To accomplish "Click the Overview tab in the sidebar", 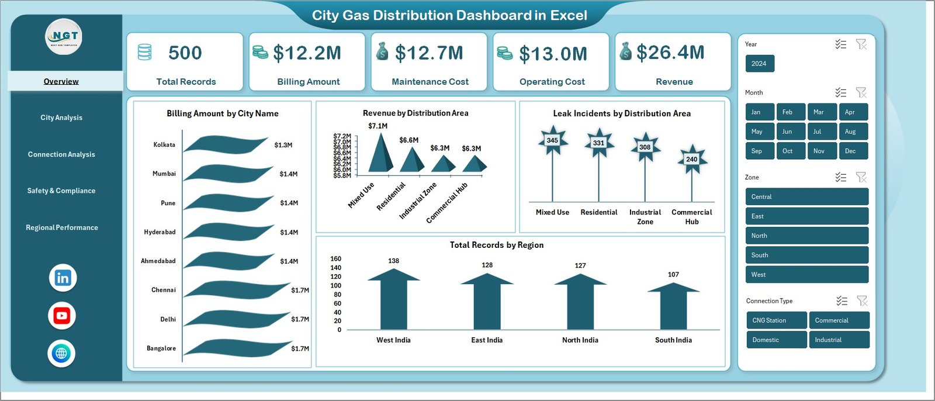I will (x=61, y=81).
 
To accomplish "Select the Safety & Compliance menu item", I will (x=61, y=191).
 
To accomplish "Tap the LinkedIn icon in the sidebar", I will (x=63, y=278).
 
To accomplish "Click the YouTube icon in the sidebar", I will (x=62, y=316).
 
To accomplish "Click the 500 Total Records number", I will (x=185, y=53).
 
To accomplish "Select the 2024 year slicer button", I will (x=759, y=64).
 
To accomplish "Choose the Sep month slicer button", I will (x=759, y=151).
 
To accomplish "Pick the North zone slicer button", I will (x=806, y=236).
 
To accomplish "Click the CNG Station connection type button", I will (x=776, y=320).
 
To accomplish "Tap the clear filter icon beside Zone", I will (x=861, y=177).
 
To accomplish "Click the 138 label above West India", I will (x=393, y=261).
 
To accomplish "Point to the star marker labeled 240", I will (x=691, y=159).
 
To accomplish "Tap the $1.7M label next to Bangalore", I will (x=300, y=348).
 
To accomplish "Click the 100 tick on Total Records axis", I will (x=336, y=286).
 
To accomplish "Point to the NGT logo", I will (x=64, y=36).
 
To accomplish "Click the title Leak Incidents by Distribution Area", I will (x=622, y=113).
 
